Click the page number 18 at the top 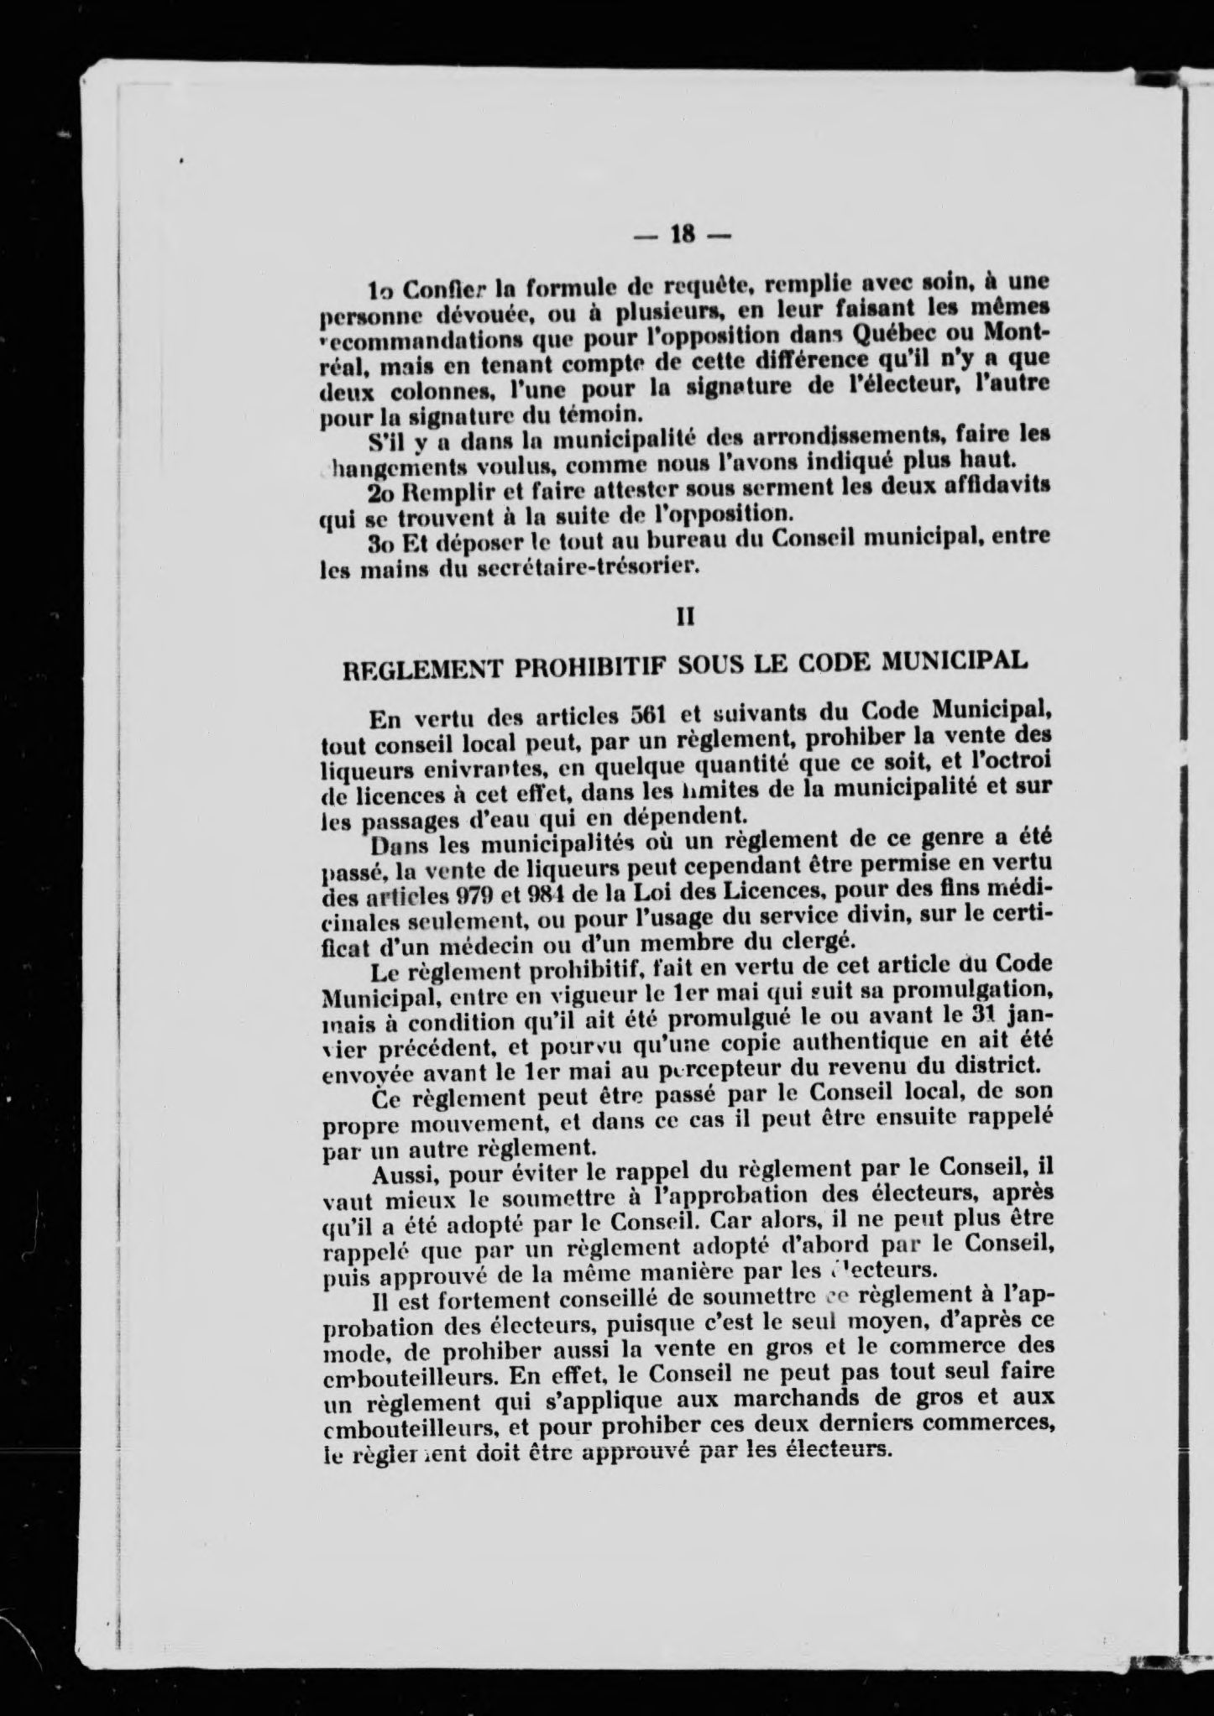(x=679, y=236)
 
